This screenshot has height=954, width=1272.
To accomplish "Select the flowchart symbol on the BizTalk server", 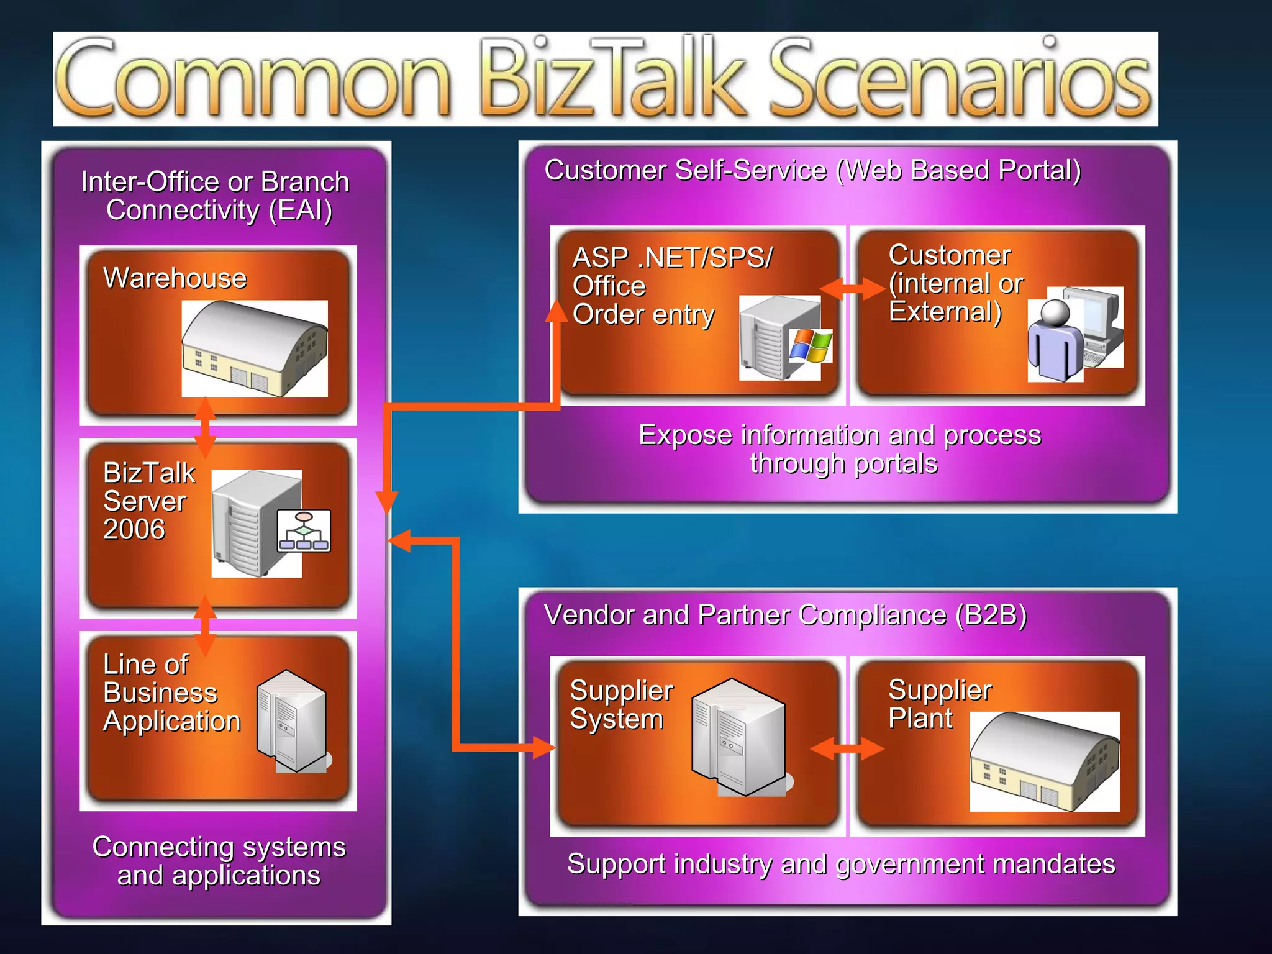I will coord(304,531).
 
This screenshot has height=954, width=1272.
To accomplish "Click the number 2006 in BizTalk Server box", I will coord(134,530).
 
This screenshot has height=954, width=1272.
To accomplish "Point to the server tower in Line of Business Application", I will coord(293,720).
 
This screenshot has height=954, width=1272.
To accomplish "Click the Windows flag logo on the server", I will coord(811,346).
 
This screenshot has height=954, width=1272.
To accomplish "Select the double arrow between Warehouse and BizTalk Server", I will coord(205,427).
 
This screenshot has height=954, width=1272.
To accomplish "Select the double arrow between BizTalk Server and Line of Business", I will coord(205,626).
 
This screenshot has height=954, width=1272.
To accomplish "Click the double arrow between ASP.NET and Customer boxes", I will coord(852,288).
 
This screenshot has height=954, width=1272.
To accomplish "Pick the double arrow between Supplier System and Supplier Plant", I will coord(847,748).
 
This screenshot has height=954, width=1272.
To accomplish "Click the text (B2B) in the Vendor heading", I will coord(991,615).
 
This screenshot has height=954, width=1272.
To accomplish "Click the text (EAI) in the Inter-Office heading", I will coord(301,210).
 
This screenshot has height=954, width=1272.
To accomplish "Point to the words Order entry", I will coord(643,314).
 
